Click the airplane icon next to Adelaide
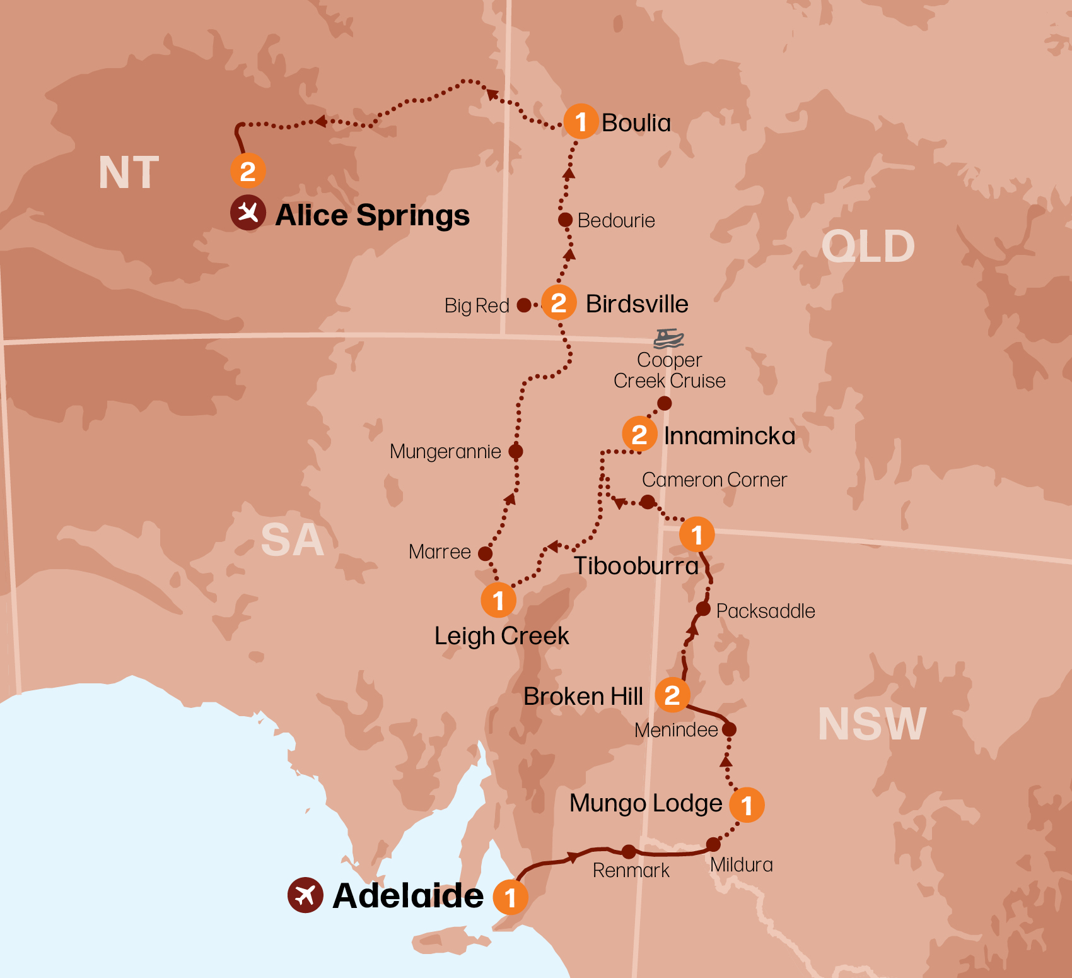coord(305,895)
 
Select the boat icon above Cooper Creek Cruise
coord(668,338)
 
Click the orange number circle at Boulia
coord(581,121)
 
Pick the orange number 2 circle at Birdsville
coord(559,303)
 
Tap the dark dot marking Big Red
coord(524,305)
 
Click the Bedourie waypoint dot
coord(566,220)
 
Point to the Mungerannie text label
coord(445,452)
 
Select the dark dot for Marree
coord(485,553)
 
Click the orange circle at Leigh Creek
coord(498,600)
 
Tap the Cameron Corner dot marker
coord(647,502)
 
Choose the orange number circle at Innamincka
coord(639,434)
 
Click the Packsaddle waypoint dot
coord(703,609)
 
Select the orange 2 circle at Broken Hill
coord(672,695)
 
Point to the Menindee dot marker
coord(729,729)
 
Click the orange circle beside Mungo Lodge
coord(747,804)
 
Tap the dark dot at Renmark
coord(629,852)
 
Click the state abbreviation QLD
coord(868,247)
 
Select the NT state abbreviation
coord(129,173)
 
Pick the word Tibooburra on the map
coord(636,566)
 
